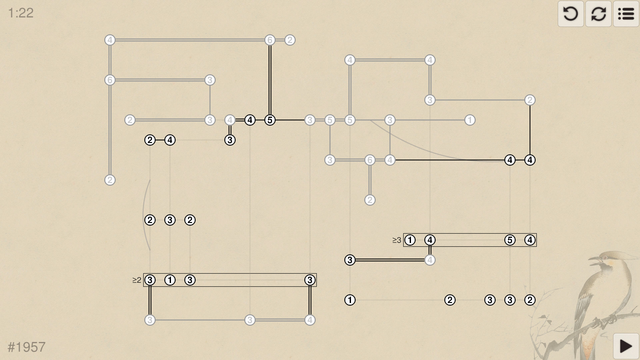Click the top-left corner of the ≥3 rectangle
click(403, 233)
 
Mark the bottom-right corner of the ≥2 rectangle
click(316, 286)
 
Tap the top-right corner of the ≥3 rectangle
click(536, 233)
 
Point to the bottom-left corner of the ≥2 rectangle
click(143, 286)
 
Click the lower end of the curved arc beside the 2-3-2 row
click(150, 250)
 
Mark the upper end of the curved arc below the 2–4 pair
click(150, 180)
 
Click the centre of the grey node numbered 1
click(470, 120)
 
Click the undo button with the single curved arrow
click(571, 14)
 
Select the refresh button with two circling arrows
click(598, 14)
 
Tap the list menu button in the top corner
click(626, 14)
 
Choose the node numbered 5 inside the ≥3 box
click(510, 240)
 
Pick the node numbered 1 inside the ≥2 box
click(170, 280)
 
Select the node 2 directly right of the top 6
click(290, 40)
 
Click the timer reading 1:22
click(21, 13)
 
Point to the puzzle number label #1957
click(27, 347)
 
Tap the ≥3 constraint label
click(397, 240)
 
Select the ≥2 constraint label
click(137, 280)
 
